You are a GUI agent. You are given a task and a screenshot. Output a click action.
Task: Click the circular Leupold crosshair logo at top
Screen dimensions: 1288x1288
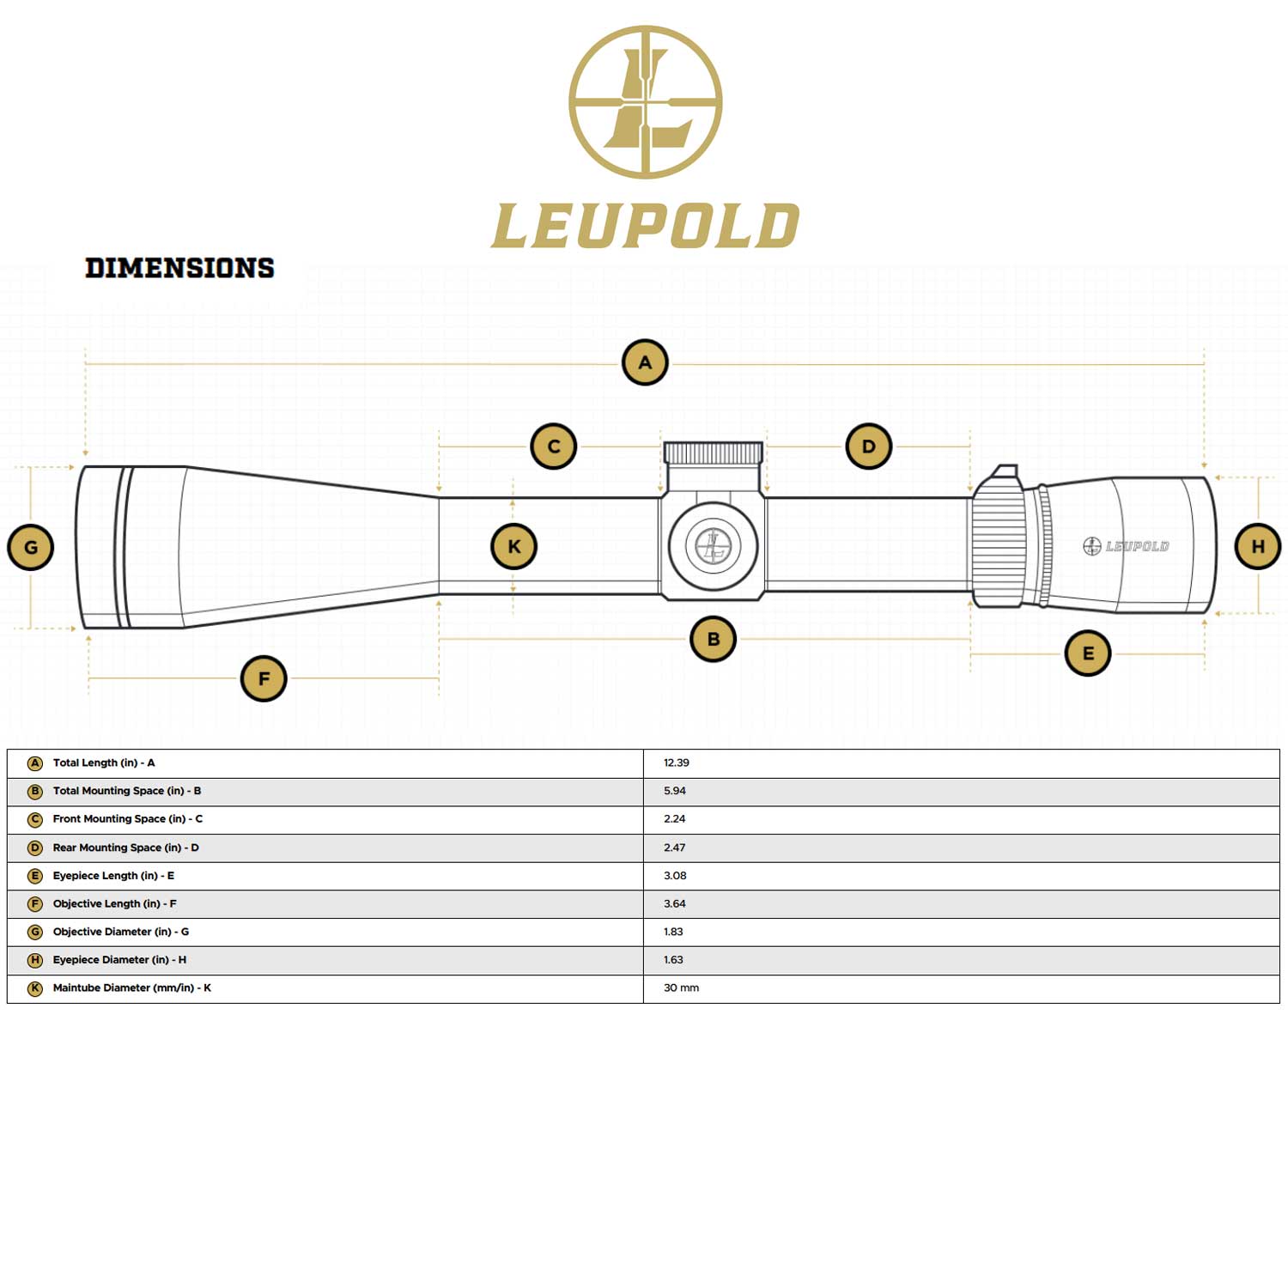point(645,102)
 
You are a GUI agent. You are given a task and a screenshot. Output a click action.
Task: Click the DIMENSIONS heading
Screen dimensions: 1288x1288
point(179,268)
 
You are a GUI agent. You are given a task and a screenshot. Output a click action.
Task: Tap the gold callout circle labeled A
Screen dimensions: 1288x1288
point(645,362)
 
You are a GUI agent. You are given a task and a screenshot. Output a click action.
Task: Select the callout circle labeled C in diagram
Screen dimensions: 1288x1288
point(554,447)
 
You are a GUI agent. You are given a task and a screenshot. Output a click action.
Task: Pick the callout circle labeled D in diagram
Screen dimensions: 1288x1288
point(868,447)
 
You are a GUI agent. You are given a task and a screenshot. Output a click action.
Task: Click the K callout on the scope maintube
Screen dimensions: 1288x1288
point(513,547)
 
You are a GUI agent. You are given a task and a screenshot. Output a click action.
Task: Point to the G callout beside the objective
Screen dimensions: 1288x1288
point(31,548)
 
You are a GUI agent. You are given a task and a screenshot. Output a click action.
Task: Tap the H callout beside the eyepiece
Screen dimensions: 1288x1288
point(1258,546)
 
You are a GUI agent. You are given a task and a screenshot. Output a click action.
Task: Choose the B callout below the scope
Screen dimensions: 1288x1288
point(713,639)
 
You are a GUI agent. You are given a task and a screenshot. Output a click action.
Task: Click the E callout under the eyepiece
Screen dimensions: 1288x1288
point(1088,653)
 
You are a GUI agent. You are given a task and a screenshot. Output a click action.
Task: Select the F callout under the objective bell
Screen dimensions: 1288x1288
point(264,678)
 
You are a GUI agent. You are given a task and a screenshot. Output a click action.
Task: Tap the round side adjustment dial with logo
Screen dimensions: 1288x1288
point(713,545)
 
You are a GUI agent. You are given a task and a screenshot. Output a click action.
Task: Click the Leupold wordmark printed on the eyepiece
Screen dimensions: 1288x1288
point(1127,546)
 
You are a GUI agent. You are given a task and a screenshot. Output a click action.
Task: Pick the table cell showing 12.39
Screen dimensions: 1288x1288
point(677,762)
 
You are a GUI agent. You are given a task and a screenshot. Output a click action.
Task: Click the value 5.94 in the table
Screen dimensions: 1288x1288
point(675,791)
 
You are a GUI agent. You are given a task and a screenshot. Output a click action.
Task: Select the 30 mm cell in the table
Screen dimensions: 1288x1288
point(681,988)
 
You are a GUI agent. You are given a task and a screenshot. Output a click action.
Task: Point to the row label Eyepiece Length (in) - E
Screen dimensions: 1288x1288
point(113,876)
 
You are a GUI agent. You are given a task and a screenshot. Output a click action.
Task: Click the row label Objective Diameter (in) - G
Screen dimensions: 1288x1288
point(121,932)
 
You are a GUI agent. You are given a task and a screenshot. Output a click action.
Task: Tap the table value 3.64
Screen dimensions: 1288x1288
point(675,904)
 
